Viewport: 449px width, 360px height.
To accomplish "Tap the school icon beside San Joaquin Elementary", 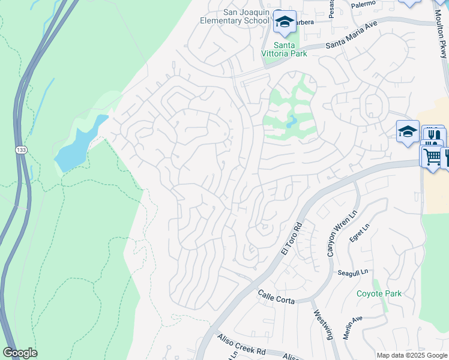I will tap(285, 23).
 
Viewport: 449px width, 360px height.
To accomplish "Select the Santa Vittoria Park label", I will tap(290, 49).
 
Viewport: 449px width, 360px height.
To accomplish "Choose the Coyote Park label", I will tap(379, 293).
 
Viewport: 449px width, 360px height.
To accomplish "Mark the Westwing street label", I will tap(322, 324).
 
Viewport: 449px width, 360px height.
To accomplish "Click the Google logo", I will tap(20, 353).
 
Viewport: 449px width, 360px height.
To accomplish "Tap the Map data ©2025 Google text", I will tap(411, 355).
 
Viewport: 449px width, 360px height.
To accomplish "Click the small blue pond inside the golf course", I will tap(291, 122).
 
